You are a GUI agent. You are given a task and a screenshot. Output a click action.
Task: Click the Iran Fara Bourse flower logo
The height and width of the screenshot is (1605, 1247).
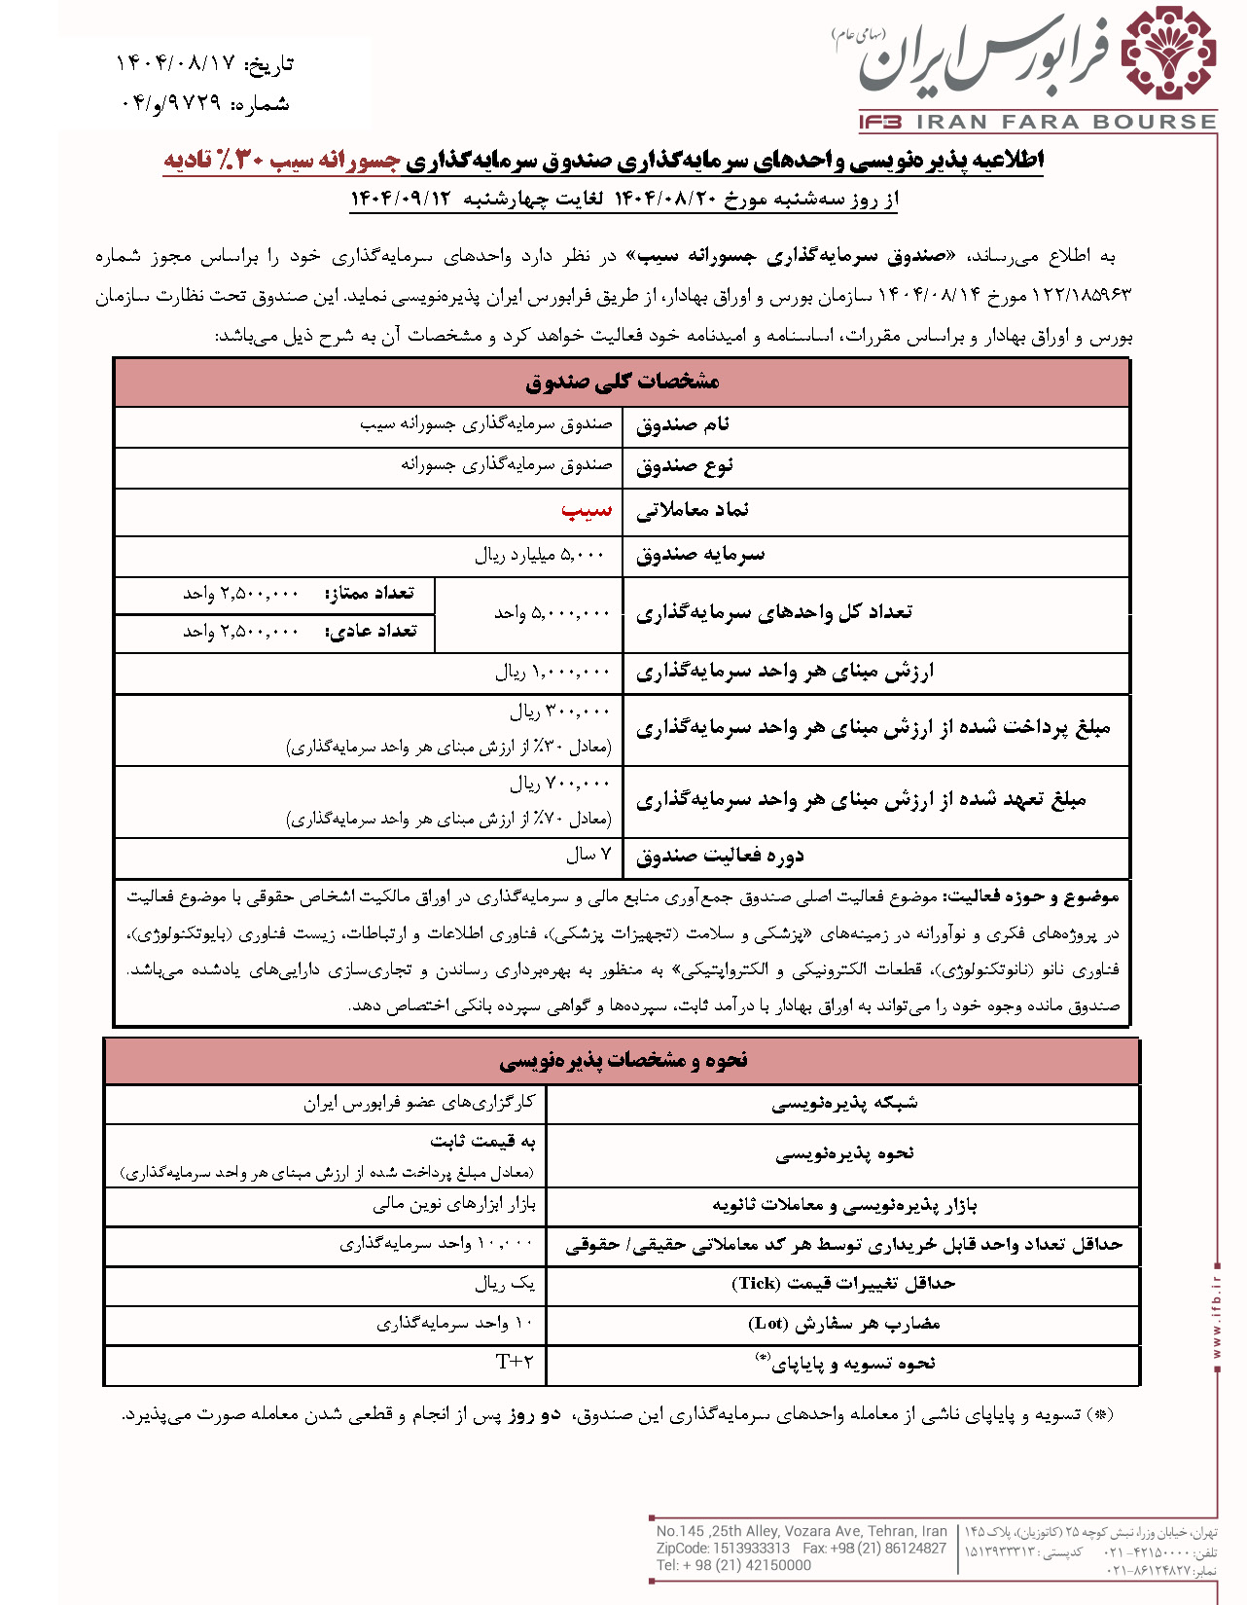[1168, 55]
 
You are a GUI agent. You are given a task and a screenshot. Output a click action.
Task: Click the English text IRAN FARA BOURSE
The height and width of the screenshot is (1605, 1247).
[1066, 123]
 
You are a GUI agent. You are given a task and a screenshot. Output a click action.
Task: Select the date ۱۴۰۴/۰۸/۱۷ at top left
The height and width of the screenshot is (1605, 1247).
[176, 63]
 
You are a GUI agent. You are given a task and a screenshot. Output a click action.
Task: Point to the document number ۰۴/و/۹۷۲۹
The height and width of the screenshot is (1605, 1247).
[171, 103]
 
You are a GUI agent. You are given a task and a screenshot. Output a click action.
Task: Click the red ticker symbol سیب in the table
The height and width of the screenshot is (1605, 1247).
[587, 510]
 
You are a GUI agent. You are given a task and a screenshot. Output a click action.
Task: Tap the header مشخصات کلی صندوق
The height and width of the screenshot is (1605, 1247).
[622, 382]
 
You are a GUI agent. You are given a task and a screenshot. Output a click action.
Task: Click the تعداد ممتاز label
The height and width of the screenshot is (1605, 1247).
[370, 593]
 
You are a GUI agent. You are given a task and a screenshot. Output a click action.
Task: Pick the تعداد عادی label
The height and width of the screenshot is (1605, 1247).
[371, 631]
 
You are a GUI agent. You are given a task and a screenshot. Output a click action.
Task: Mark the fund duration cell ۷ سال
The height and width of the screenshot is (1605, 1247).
[588, 855]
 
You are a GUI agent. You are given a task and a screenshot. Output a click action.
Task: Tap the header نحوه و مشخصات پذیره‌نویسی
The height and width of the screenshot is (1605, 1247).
[623, 1060]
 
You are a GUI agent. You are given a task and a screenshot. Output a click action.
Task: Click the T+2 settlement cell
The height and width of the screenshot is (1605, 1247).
[515, 1361]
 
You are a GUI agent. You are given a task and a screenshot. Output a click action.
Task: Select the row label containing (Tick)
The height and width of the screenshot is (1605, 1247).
[842, 1283]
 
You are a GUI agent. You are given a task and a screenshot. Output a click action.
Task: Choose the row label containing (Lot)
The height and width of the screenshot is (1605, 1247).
[842, 1323]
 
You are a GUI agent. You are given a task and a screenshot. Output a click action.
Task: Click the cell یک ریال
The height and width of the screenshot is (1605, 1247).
[505, 1283]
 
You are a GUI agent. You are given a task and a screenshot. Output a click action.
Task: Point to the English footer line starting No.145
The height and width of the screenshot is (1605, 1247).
[801, 1531]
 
